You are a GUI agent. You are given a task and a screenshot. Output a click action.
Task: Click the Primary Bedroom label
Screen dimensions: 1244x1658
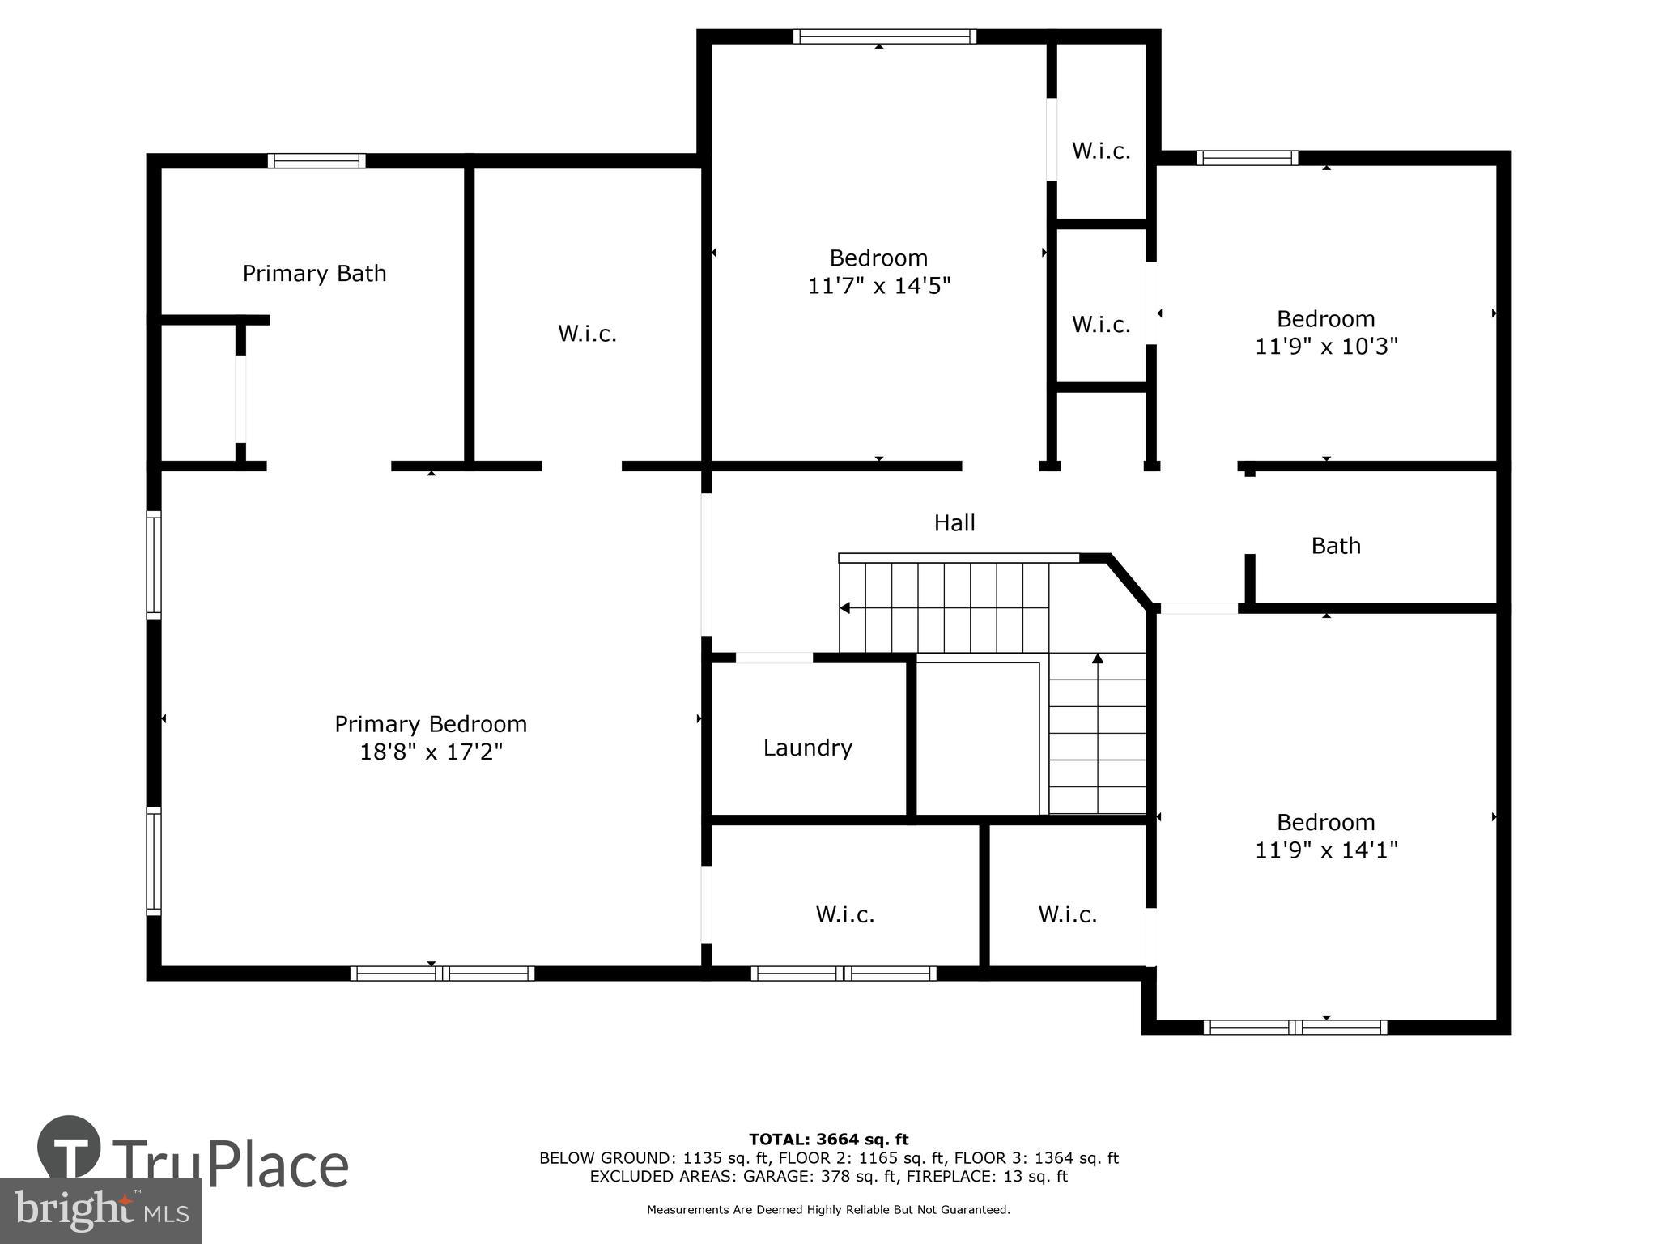(x=430, y=724)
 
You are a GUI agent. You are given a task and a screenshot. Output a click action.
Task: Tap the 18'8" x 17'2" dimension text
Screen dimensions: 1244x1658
(x=431, y=752)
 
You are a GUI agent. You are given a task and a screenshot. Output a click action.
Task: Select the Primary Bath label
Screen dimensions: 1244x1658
(x=314, y=274)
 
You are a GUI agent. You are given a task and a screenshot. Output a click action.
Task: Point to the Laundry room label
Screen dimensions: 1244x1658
(x=807, y=748)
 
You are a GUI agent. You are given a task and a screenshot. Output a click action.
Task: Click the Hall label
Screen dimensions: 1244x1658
(x=954, y=523)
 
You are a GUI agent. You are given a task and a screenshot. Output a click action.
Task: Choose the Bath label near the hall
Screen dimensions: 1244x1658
(x=1335, y=546)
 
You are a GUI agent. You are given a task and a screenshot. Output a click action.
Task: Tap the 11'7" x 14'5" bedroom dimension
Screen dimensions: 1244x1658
(x=878, y=286)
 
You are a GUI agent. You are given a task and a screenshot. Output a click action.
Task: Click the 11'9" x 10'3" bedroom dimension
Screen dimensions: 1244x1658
(x=1326, y=347)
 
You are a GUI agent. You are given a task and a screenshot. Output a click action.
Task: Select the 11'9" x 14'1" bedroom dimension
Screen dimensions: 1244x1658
(x=1326, y=850)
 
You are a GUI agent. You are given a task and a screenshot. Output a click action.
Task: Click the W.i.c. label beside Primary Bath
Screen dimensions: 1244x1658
(x=587, y=334)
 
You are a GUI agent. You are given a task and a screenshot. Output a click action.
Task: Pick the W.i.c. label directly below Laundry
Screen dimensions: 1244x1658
(x=844, y=914)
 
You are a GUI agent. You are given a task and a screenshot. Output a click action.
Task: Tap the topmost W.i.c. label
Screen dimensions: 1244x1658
(x=1101, y=151)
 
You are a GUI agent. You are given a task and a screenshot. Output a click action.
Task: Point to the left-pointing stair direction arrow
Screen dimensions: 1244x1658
(x=845, y=608)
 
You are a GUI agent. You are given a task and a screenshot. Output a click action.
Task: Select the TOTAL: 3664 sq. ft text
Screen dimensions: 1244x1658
(x=828, y=1140)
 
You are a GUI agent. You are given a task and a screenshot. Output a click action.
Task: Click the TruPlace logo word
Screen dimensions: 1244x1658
(x=231, y=1165)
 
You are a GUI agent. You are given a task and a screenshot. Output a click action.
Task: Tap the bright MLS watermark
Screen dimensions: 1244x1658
(x=100, y=1211)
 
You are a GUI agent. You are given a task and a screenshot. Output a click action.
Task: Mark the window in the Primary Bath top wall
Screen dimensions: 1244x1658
(x=317, y=160)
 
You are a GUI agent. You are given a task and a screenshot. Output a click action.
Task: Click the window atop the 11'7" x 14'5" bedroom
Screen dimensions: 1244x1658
(x=884, y=36)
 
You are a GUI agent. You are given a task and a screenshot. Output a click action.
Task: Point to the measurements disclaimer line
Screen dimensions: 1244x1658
(x=828, y=1210)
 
